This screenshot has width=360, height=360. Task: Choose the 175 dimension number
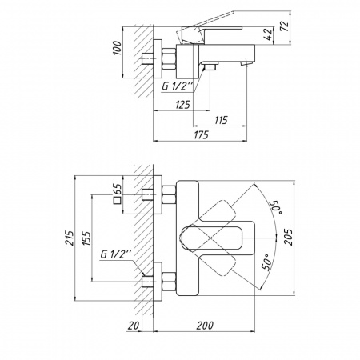pyautogui.click(x=201, y=136)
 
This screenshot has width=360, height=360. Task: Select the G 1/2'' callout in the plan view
pyautogui.click(x=114, y=254)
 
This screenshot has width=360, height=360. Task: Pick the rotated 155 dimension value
pyautogui.click(x=86, y=238)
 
